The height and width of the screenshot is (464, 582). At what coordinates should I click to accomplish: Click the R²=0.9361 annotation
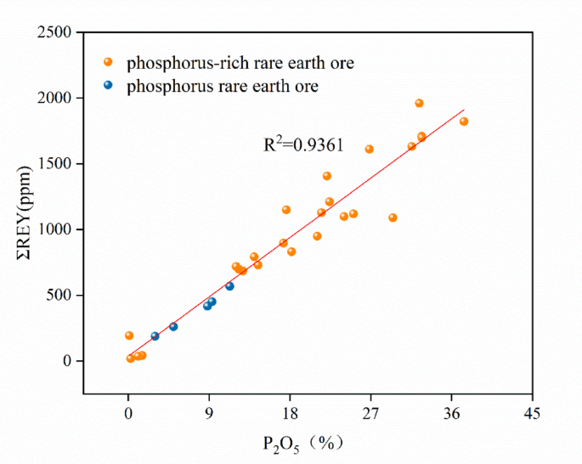pos(303,145)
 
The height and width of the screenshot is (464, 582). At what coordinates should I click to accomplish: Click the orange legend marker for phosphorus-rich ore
pos(108,62)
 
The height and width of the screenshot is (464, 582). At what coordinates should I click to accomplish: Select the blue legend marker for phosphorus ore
pos(108,86)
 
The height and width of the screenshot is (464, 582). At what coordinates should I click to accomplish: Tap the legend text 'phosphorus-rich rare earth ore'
pos(240,63)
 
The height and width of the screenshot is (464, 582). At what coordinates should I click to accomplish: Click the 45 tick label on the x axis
pos(532,415)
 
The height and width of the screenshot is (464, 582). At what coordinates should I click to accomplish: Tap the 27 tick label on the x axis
pos(370,415)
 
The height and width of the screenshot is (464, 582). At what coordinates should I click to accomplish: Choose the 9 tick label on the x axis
pos(209,415)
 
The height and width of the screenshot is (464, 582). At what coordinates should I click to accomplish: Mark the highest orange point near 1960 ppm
pos(419,103)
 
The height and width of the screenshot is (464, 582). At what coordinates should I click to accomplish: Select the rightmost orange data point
pos(464,122)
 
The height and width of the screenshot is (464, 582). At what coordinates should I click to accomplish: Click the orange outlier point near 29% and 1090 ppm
pos(393,218)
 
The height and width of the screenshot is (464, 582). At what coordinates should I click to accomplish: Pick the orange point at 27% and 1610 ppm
pos(369,149)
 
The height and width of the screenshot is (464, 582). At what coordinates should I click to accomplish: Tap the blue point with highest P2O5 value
pos(229,286)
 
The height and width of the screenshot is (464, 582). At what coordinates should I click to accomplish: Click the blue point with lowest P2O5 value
pos(155,337)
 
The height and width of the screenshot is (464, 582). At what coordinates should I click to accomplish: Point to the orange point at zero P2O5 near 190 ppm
pos(129,336)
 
